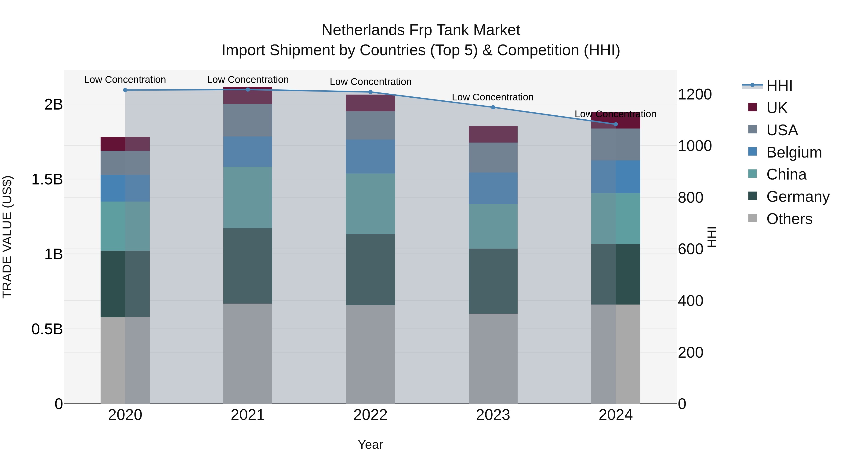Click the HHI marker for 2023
493,107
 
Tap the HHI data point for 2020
125,90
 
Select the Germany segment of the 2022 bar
370,270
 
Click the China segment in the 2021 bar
248,198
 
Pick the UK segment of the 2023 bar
493,134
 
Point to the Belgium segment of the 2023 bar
493,188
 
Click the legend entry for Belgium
794,152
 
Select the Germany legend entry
798,197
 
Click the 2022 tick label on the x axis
370,415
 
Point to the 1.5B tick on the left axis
47,179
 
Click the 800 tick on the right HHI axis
690,198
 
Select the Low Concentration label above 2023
493,97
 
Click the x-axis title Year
370,445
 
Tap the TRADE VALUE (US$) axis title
7,237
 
